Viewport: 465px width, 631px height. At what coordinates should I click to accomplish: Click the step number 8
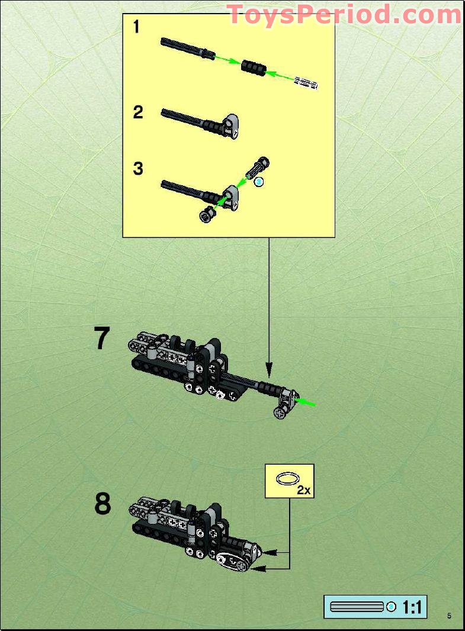[102, 504]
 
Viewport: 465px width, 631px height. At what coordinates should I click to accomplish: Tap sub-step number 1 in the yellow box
[137, 27]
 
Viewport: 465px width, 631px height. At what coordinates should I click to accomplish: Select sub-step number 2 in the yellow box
[138, 112]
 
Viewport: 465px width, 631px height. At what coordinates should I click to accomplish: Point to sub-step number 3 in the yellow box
[138, 169]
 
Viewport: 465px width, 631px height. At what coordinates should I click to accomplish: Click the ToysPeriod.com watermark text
[344, 14]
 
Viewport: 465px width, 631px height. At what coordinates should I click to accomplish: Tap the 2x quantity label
[304, 490]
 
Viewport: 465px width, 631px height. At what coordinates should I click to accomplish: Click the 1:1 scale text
[412, 607]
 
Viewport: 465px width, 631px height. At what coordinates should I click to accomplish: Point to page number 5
[450, 616]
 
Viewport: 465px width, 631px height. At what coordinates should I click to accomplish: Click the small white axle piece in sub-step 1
[306, 83]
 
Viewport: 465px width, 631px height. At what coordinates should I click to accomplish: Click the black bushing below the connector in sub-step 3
[207, 214]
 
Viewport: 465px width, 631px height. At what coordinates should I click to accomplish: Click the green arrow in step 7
[306, 403]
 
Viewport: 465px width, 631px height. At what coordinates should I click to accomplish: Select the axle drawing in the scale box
[357, 607]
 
